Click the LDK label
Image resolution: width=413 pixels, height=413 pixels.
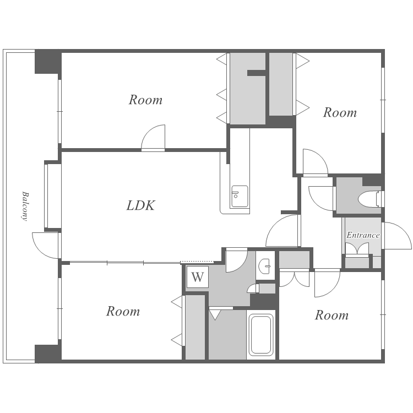(x=140, y=205)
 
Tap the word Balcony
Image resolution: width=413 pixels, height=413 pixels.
(x=25, y=206)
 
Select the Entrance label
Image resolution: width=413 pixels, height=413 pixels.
(x=363, y=235)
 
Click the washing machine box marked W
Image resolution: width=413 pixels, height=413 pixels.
(x=198, y=277)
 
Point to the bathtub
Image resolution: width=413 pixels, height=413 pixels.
(x=261, y=334)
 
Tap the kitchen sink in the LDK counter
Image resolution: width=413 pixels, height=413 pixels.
(x=240, y=196)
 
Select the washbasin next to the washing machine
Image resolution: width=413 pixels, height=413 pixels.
(x=265, y=265)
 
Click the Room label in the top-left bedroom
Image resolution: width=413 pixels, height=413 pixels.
(x=145, y=100)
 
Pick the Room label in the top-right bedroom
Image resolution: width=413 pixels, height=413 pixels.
(x=340, y=112)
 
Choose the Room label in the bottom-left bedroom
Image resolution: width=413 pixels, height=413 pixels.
(x=123, y=311)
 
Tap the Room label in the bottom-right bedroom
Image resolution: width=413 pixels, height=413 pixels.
(x=332, y=316)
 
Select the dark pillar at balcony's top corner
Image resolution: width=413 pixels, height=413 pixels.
(x=48, y=62)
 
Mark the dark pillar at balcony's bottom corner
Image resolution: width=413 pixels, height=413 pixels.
(x=48, y=353)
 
